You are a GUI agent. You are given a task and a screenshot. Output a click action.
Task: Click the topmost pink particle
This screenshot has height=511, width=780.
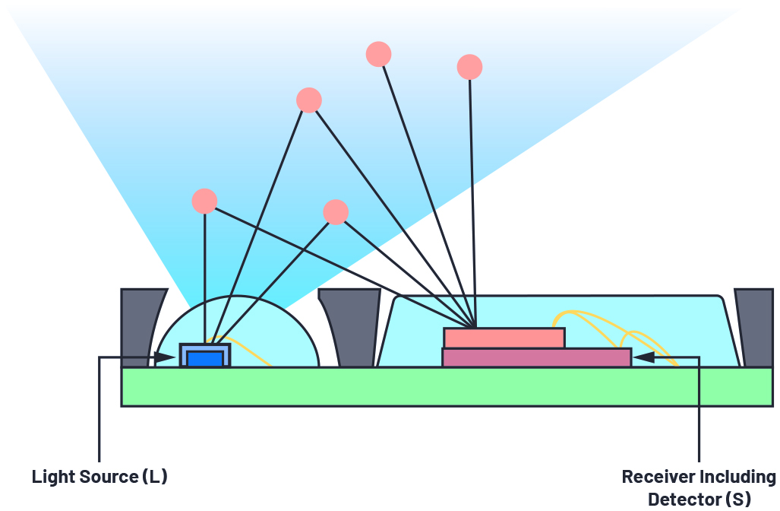point(378,54)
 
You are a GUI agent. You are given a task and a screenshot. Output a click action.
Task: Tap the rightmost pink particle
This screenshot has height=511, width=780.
point(469,67)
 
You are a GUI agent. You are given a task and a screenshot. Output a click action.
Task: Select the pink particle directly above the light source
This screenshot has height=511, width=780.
point(204,202)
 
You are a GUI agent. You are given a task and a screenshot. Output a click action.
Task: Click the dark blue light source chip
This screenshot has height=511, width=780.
point(205,359)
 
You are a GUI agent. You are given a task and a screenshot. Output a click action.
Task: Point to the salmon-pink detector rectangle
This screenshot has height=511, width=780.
point(504,338)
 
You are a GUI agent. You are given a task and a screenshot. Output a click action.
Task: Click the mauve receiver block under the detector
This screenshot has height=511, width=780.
point(537,357)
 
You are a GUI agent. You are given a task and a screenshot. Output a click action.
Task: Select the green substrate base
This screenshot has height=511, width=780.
point(447,387)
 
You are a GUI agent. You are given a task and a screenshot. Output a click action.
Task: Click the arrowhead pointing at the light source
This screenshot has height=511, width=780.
point(165,357)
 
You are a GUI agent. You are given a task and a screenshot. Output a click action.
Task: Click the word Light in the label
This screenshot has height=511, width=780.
point(52,477)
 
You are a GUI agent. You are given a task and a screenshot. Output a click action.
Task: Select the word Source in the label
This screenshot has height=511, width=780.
point(108,477)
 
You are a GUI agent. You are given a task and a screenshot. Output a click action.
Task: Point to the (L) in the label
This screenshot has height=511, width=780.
point(155,477)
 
